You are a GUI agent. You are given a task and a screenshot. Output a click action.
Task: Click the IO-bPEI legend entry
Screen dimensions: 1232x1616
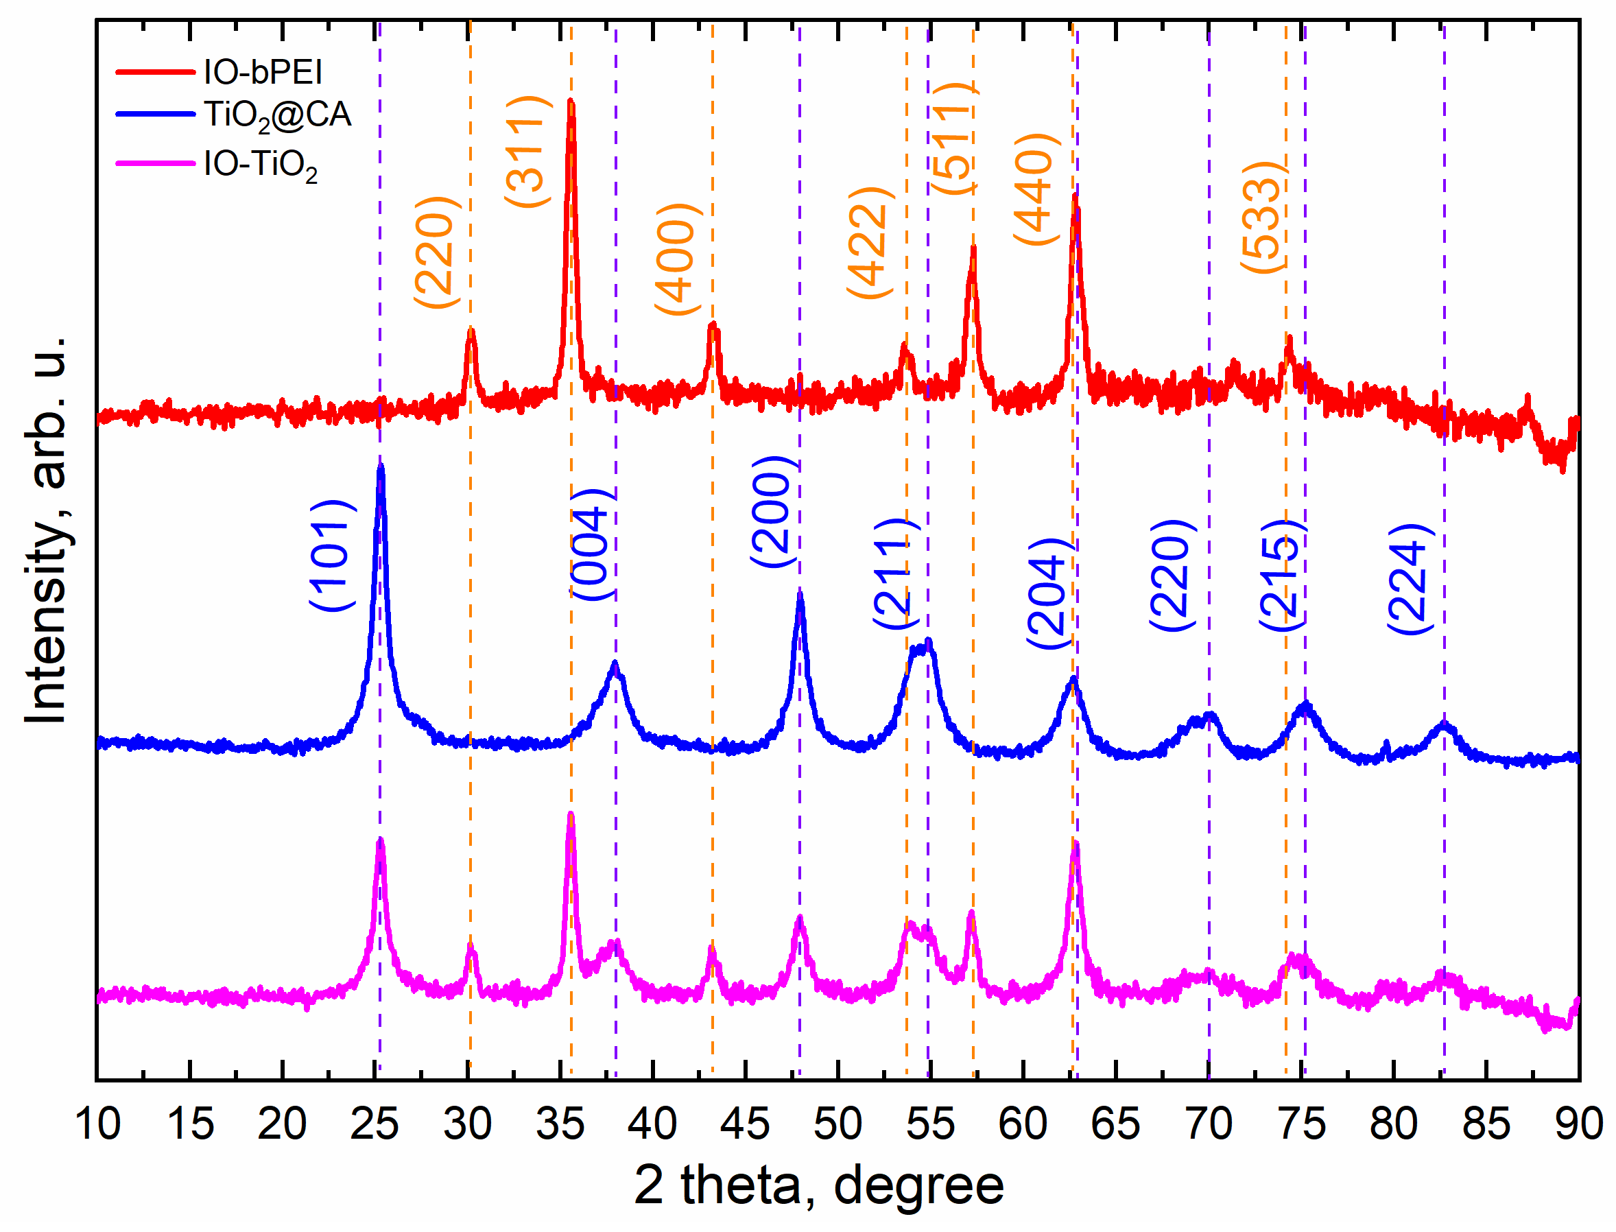(x=263, y=72)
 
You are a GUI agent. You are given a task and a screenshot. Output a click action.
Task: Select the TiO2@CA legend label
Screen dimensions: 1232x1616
(x=277, y=115)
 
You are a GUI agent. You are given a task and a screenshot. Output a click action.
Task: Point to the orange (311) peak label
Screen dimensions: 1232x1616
(x=527, y=152)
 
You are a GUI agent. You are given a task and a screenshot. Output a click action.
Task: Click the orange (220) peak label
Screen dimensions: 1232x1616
(x=437, y=252)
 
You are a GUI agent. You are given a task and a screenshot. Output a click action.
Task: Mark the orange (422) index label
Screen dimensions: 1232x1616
(x=870, y=243)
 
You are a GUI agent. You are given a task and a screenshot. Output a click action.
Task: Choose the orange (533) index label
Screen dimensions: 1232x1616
(x=1263, y=217)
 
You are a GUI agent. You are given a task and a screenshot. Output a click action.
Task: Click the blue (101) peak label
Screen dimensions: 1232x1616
(x=332, y=556)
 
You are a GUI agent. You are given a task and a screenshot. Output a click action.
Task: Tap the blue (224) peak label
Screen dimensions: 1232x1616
(x=1410, y=580)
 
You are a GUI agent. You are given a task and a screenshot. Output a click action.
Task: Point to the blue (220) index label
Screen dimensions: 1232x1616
(x=1172, y=575)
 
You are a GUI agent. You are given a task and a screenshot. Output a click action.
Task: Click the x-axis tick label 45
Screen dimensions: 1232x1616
(x=745, y=1124)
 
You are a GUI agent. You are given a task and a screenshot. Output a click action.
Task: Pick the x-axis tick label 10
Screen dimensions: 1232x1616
(x=97, y=1124)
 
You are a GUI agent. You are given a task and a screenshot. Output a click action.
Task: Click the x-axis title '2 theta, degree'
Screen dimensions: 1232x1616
(x=818, y=1186)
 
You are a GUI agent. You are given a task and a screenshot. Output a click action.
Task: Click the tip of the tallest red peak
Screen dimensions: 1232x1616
(x=571, y=102)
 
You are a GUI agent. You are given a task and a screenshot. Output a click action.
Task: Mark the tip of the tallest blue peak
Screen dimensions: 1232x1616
(x=380, y=466)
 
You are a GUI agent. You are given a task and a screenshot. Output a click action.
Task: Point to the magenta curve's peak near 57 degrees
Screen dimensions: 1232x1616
(x=971, y=914)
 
